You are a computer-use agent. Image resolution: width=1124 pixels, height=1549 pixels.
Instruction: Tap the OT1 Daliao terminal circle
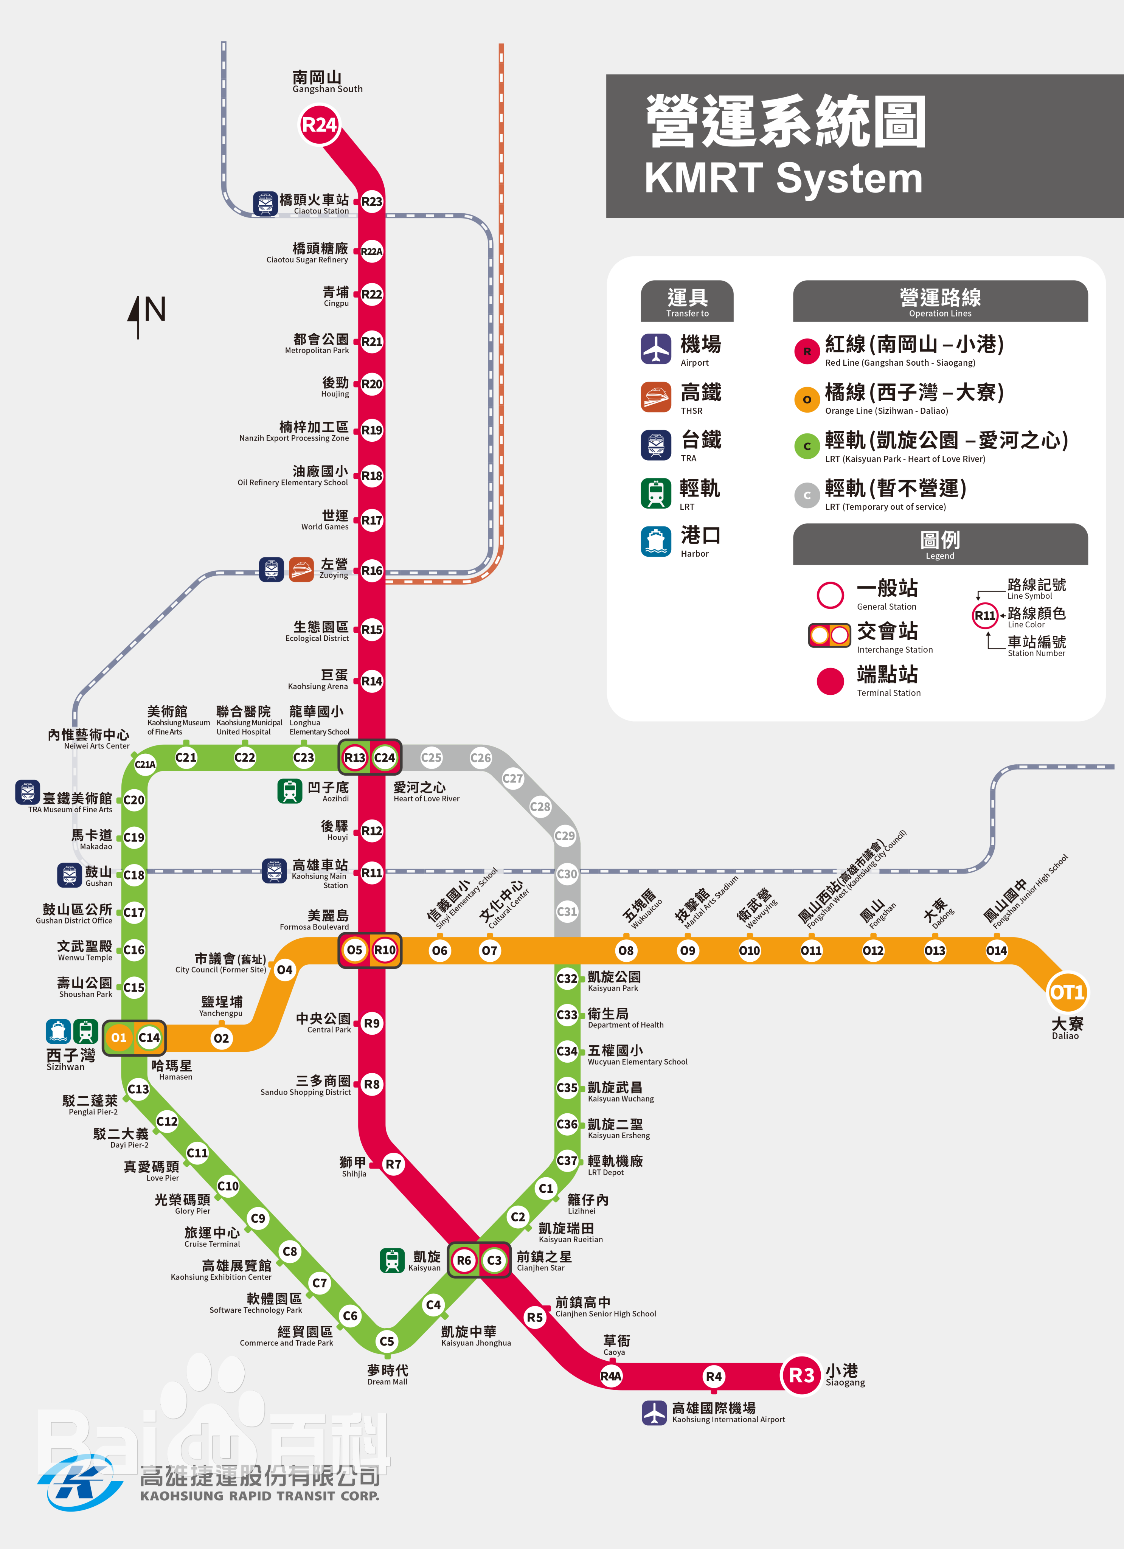click(x=1067, y=992)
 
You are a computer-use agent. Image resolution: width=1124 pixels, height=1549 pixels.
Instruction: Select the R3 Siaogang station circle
click(x=802, y=1375)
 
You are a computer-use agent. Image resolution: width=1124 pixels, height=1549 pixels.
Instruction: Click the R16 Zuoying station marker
click(x=371, y=570)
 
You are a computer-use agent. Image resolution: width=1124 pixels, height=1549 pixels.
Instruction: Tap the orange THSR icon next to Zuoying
click(x=301, y=569)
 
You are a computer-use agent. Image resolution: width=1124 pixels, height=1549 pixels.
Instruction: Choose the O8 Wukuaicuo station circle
click(x=626, y=950)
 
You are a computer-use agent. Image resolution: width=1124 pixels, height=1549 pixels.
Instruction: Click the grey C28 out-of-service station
click(x=540, y=807)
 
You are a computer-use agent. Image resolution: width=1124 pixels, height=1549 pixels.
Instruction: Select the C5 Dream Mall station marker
click(x=387, y=1341)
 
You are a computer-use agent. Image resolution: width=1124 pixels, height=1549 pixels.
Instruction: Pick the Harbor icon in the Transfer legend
click(x=655, y=541)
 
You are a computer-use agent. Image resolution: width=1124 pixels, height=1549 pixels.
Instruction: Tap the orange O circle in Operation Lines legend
click(x=806, y=400)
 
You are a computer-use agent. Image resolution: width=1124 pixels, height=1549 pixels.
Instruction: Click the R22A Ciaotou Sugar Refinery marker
click(x=371, y=251)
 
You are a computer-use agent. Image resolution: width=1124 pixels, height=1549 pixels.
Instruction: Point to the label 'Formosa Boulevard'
click(x=314, y=927)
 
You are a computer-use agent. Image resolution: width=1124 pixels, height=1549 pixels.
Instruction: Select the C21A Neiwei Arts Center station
click(x=145, y=764)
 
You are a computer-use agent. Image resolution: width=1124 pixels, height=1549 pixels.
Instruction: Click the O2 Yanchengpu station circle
click(x=221, y=1038)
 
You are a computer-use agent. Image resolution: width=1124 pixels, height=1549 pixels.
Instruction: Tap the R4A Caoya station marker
click(x=611, y=1376)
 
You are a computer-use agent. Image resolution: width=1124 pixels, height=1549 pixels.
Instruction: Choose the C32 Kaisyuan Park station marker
click(x=567, y=978)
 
